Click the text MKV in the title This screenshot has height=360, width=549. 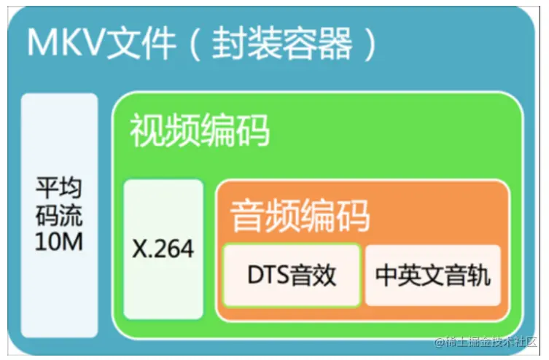pos(66,43)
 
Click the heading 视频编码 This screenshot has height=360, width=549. pos(200,131)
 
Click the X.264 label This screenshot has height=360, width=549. pos(163,249)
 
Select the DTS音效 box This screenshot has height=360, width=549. pos(292,275)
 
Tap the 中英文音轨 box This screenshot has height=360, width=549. pos(433,275)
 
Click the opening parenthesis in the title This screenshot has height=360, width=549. pos(195,44)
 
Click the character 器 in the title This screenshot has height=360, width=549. pos(339,43)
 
